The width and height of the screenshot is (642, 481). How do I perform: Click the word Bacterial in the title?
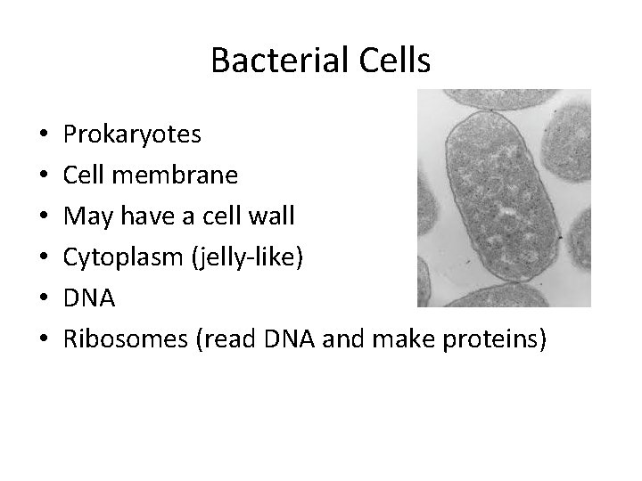267,61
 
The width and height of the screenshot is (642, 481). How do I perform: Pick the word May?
85,215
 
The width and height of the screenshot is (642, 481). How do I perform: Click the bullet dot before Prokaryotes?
43,136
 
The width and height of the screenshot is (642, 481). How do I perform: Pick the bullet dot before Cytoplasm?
43,256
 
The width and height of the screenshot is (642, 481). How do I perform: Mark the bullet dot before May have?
43,216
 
